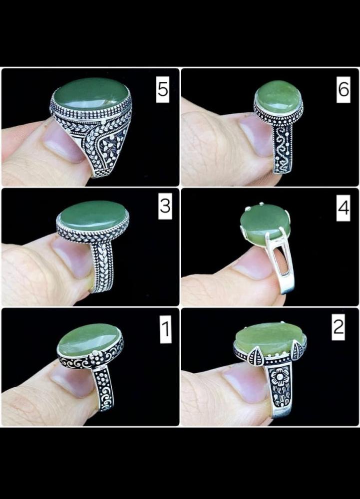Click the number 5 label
[x=162, y=89]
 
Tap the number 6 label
[x=344, y=89]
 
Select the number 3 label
[x=165, y=206]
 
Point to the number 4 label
[x=344, y=208]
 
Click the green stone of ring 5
[x=91, y=94]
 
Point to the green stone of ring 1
[x=89, y=339]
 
